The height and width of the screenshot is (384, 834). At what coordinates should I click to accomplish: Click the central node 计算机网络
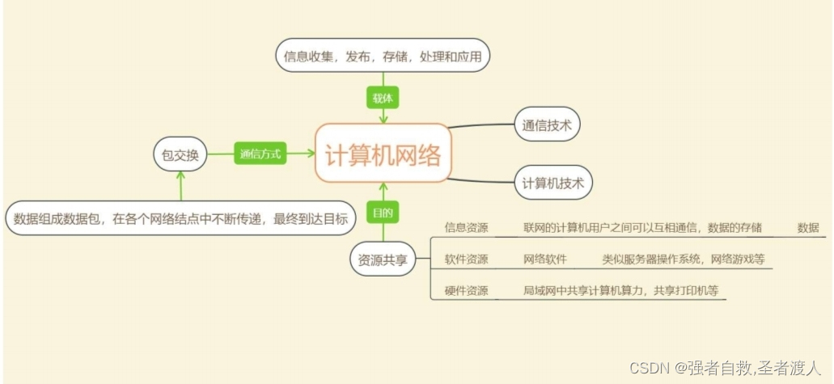[x=383, y=154]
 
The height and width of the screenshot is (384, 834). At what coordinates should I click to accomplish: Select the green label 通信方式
[x=260, y=154]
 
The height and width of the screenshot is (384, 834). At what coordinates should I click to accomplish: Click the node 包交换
[x=180, y=154]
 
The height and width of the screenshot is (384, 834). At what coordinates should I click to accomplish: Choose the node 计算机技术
[x=553, y=183]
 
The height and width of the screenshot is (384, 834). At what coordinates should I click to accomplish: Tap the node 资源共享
[x=383, y=260]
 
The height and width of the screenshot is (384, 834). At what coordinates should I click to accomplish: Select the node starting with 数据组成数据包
[x=180, y=218]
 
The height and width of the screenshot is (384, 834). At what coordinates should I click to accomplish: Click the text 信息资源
[x=466, y=228]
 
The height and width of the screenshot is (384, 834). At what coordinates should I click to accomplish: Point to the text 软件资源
[x=466, y=260]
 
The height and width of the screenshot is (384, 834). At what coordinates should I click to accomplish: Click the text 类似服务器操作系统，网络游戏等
[x=683, y=260]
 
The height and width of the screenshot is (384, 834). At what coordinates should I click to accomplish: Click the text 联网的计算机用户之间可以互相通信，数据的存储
[x=642, y=228]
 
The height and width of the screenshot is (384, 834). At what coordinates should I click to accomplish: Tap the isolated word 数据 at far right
[x=808, y=228]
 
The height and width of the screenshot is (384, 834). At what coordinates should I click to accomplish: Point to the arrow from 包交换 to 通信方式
[x=221, y=154]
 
